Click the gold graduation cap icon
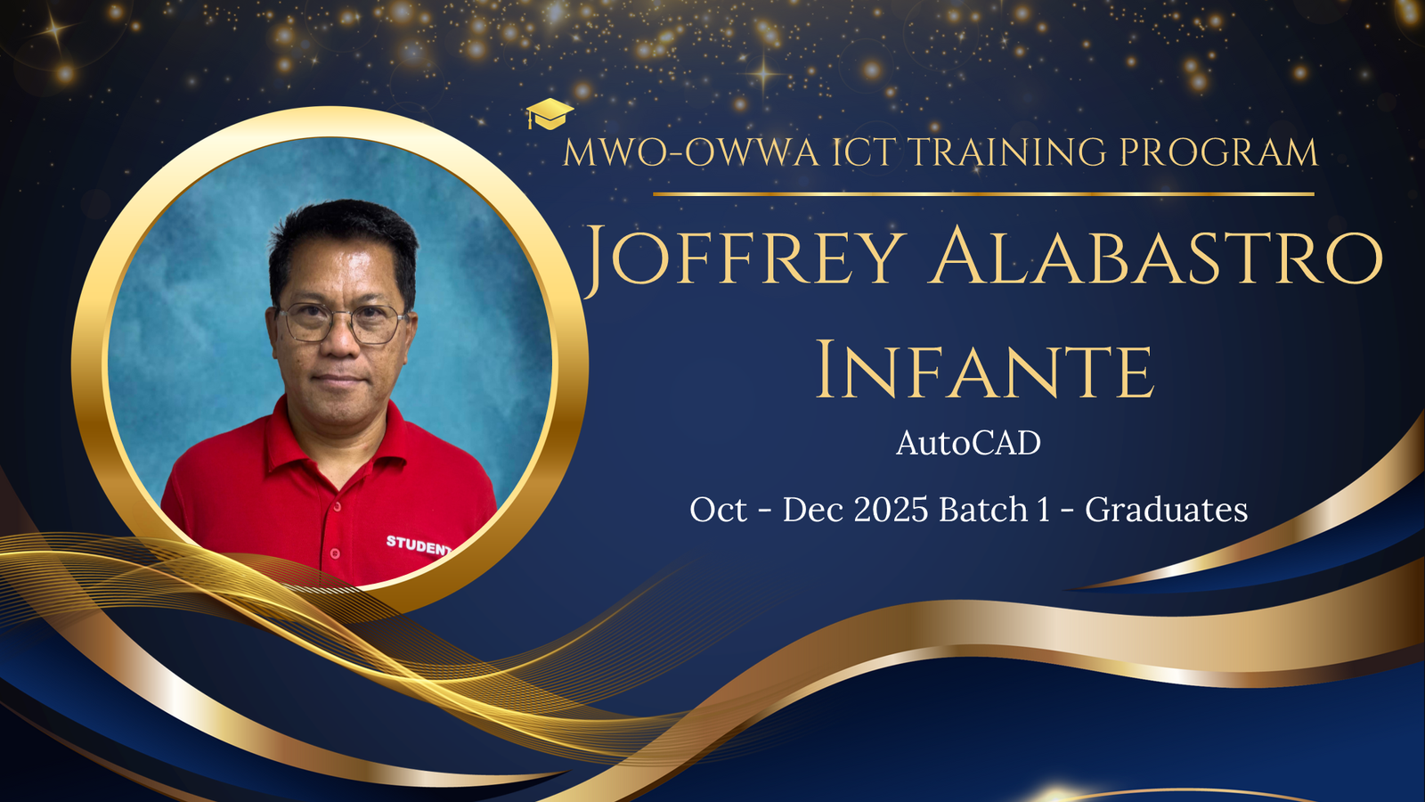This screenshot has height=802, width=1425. [550, 114]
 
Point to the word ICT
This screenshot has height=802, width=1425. [864, 152]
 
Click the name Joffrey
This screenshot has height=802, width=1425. [745, 256]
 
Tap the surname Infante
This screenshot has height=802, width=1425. [984, 370]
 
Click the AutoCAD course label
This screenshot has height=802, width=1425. [968, 443]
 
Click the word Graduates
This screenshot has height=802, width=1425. [1166, 510]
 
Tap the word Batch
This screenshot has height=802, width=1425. [983, 510]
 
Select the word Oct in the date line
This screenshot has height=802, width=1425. [718, 510]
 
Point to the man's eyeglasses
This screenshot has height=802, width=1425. [342, 323]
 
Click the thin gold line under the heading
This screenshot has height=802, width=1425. [983, 193]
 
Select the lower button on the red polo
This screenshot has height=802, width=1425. [335, 553]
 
